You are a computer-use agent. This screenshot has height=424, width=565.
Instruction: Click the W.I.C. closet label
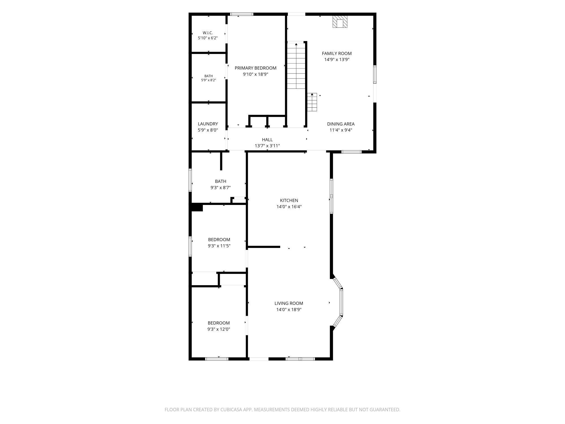[208, 33]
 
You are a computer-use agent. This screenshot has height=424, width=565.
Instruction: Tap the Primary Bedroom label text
[255, 68]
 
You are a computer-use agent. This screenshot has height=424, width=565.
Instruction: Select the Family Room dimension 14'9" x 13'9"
[337, 60]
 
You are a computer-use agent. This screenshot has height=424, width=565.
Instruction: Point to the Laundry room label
[208, 124]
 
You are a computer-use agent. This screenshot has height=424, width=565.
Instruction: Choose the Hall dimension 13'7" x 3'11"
[267, 146]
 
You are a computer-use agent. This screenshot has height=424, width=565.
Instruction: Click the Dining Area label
[341, 124]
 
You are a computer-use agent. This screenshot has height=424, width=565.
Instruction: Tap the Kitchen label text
[289, 200]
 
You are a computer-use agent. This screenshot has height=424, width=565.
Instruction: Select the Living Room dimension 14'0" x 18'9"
[289, 310]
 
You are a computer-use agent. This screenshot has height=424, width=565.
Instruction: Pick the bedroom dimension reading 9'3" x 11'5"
[219, 246]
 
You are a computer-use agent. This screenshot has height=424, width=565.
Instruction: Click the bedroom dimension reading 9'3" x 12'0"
[219, 329]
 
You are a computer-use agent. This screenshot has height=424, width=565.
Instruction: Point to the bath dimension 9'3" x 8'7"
[220, 187]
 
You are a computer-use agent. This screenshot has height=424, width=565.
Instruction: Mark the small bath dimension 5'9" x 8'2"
[208, 80]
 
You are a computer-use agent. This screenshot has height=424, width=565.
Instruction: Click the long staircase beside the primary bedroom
[296, 66]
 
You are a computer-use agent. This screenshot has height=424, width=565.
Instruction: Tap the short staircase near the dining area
[312, 102]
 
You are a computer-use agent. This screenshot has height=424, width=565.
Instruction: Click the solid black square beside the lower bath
[197, 207]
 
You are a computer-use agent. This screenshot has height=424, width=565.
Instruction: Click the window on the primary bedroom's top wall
[242, 14]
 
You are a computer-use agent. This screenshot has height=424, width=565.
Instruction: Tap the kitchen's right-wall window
[331, 196]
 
